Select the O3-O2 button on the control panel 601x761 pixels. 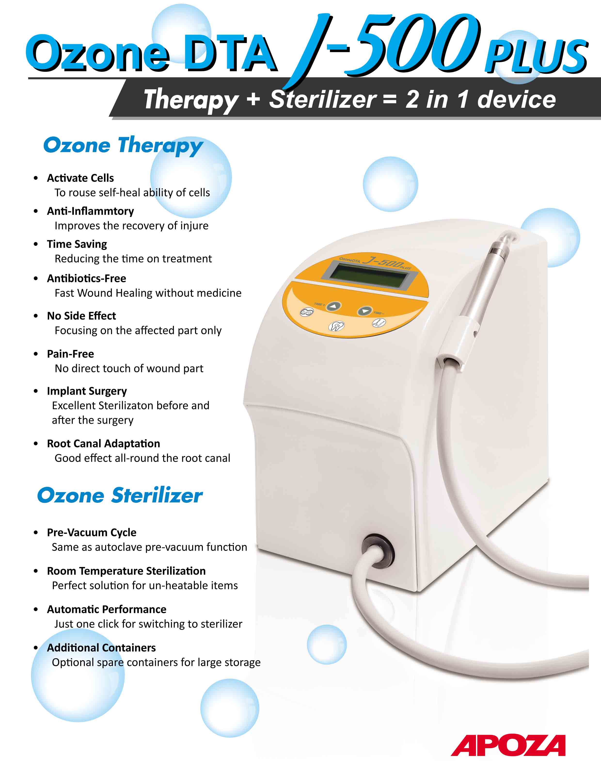pos(307,312)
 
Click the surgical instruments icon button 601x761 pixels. pos(379,322)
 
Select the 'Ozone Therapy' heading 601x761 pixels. pos(123,146)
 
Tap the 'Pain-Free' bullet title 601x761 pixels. pos(70,354)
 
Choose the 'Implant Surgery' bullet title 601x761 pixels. pos(87,391)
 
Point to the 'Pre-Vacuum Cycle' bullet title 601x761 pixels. pos(92,532)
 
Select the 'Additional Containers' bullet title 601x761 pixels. pos(101,648)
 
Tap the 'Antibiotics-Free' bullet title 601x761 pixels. pos(87,278)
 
